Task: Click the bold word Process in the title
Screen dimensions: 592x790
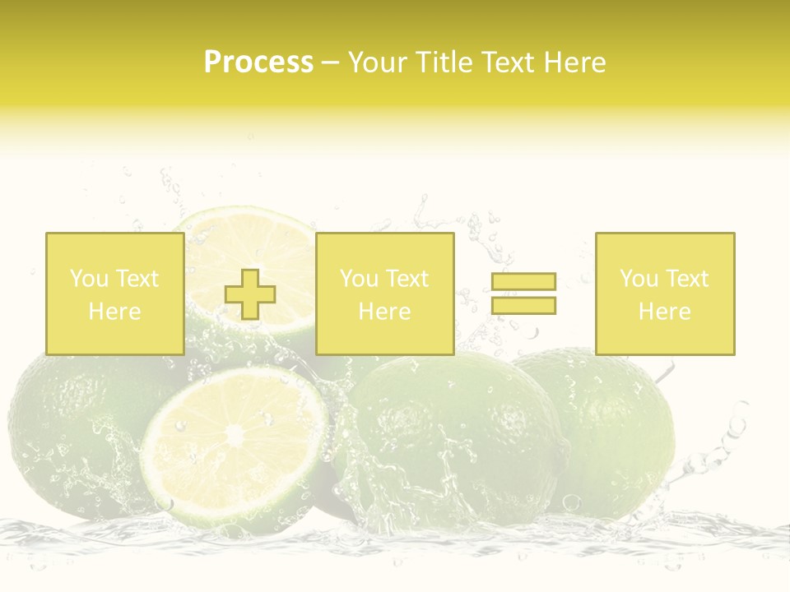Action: tap(258, 62)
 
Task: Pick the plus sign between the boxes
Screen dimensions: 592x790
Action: tap(250, 294)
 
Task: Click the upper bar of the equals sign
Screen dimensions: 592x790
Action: tap(523, 282)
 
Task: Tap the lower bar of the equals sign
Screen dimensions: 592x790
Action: tap(523, 305)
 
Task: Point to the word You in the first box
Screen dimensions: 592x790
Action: tap(88, 279)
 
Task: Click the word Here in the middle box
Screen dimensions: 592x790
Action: tap(384, 312)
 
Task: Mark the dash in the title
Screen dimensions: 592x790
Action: tap(330, 62)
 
